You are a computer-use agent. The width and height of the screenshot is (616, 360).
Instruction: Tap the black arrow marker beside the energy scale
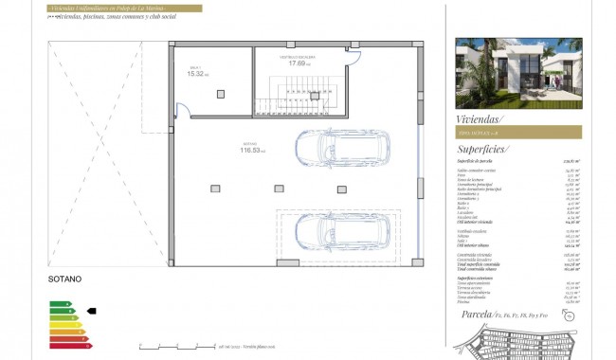[x=91, y=310]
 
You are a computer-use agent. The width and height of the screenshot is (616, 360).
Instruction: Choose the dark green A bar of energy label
[x=59, y=303]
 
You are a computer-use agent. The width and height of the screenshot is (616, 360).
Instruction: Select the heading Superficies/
[x=483, y=149]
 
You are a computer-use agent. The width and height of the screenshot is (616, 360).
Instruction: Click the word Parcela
[x=474, y=314]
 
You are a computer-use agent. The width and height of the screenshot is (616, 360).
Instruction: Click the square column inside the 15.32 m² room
[x=220, y=93]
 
